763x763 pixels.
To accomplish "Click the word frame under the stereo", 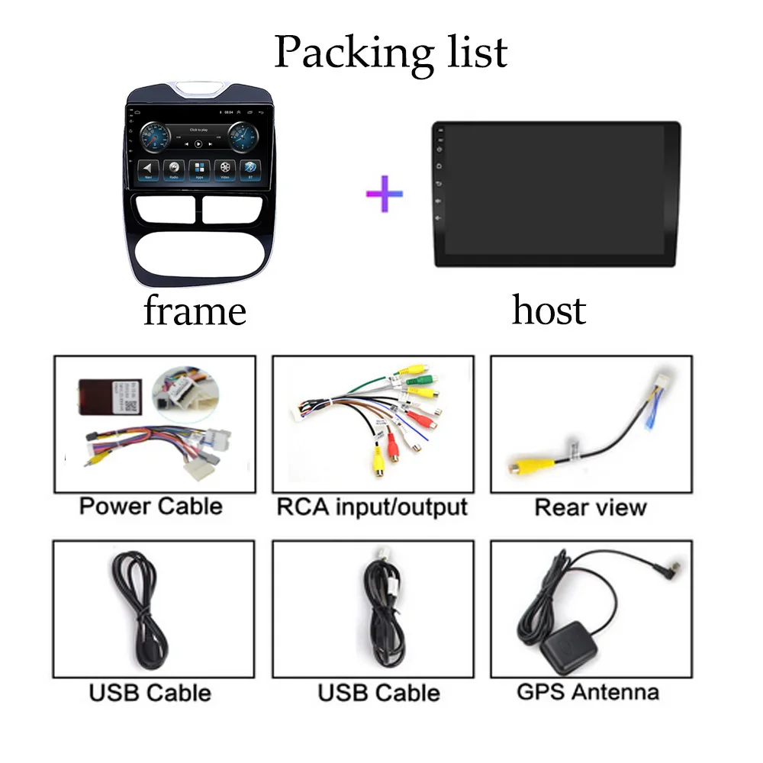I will (195, 311).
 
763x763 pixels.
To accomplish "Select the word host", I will (549, 310).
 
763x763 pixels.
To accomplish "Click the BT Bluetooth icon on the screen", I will (249, 169).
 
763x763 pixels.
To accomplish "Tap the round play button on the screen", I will (198, 143).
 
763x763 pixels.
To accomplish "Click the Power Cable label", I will (151, 507).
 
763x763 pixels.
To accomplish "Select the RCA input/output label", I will (372, 507).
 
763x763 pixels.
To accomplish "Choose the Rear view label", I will (591, 507).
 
